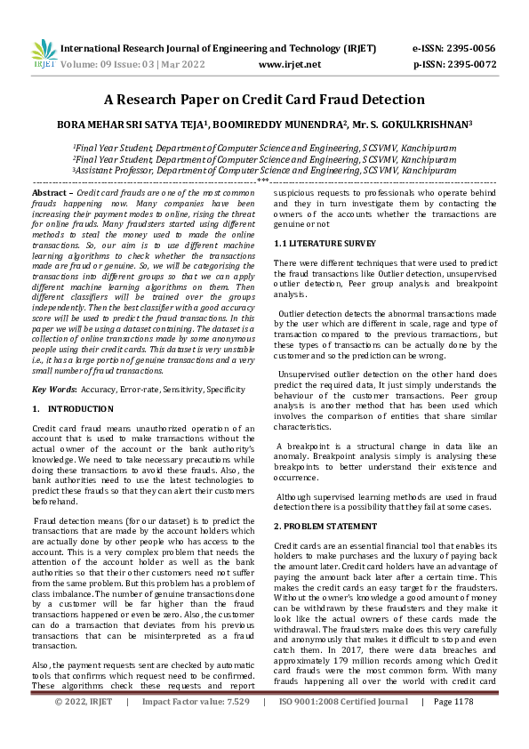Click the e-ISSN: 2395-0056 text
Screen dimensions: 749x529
tap(453, 47)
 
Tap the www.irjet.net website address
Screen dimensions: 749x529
tap(289, 65)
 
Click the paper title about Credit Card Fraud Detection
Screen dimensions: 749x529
tap(264, 100)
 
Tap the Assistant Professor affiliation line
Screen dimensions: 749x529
tap(264, 168)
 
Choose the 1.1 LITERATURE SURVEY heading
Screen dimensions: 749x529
tap(318, 243)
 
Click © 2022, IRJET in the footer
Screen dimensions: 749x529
tap(84, 726)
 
